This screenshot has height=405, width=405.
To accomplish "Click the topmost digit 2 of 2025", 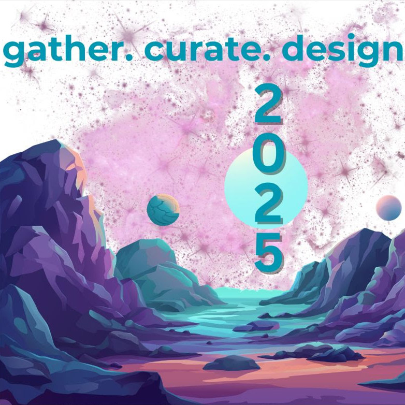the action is tap(269, 105).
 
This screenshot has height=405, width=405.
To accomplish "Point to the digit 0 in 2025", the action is tap(269, 154).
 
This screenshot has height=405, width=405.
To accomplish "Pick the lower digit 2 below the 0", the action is tap(269, 204).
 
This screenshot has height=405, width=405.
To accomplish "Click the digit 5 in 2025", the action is tap(269, 253).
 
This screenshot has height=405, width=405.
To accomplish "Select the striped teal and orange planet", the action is tap(163, 209).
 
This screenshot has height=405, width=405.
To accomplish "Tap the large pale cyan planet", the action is tap(266, 189).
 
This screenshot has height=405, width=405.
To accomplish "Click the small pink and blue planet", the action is tap(389, 208).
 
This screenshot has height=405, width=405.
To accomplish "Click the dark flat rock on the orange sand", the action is tap(231, 363).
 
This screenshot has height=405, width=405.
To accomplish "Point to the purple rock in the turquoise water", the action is tap(256, 326).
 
